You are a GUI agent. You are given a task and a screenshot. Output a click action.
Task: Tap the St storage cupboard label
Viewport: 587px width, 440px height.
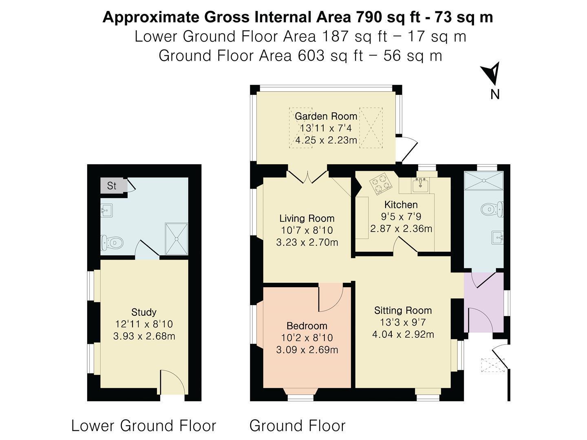pos(112,186)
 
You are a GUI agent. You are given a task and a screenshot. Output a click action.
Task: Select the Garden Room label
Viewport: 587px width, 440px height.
pos(326,116)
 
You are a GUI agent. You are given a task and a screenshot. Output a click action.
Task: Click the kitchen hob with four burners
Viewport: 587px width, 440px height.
pos(381,184)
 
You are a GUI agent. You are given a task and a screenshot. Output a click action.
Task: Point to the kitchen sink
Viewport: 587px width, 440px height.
pos(420,185)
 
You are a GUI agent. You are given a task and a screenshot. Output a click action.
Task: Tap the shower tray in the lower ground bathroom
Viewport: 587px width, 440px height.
pos(177,239)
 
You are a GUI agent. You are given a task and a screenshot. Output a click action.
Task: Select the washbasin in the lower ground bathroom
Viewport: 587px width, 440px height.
pos(106,211)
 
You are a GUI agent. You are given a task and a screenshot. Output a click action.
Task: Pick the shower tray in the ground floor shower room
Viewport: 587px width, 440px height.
pos(484,180)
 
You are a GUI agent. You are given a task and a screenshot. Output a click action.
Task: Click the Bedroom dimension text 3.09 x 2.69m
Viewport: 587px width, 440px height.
pos(307,350)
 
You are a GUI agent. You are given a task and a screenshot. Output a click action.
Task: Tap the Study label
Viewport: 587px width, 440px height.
pos(144,312)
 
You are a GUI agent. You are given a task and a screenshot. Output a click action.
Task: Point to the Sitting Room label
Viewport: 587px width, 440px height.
pos(403,310)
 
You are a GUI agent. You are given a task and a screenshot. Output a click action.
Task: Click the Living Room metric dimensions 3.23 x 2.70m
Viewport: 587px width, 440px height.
pos(307,242)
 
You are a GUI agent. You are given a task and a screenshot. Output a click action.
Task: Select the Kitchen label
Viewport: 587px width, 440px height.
pos(401,205)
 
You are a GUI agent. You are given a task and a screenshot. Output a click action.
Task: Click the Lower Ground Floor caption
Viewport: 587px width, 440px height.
pos(143,426)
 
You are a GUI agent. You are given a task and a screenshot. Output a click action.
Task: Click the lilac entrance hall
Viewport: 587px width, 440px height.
pos(484,302)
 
